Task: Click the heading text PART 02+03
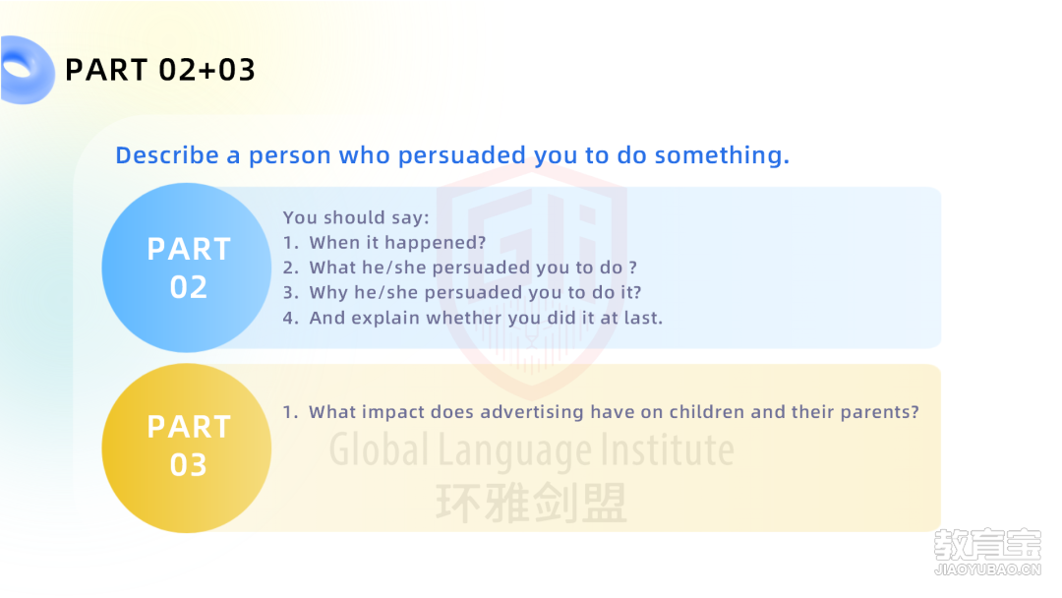160,70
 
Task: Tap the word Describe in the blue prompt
167,155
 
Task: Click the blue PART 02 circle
187,268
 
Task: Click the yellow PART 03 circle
187,448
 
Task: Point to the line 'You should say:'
356,217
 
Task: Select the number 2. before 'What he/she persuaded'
290,268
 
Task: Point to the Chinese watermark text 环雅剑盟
531,504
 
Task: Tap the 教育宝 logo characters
987,545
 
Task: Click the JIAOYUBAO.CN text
987,569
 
